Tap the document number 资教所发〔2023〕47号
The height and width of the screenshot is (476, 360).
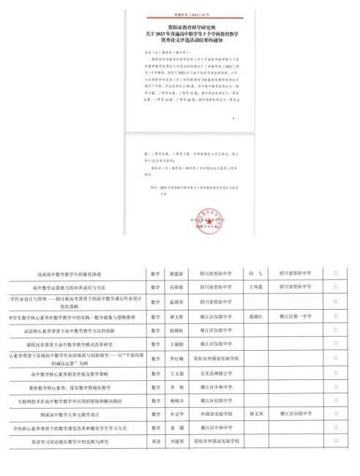tap(179, 14)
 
